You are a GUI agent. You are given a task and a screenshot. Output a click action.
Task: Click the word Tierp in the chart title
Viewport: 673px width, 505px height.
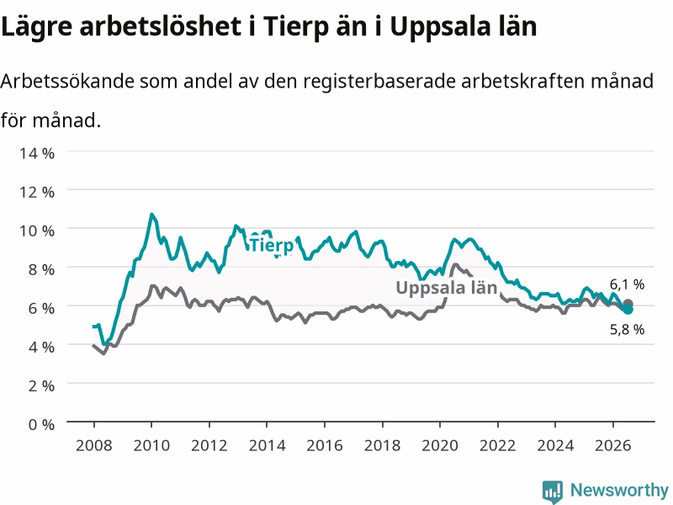tap(295, 27)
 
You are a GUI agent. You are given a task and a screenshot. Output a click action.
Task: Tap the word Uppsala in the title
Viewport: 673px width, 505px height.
tap(449, 27)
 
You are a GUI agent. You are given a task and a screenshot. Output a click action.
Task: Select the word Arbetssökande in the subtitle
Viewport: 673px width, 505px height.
tap(67, 81)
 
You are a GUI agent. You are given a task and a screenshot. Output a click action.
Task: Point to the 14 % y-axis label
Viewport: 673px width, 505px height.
tap(37, 153)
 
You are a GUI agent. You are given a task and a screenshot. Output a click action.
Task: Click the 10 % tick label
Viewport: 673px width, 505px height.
tap(37, 231)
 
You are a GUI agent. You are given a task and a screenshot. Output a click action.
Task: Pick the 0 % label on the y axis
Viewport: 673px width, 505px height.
tap(41, 424)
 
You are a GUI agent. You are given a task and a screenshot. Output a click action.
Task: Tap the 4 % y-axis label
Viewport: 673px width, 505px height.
tap(41, 347)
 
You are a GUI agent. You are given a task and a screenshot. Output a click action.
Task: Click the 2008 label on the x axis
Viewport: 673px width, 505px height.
tap(94, 445)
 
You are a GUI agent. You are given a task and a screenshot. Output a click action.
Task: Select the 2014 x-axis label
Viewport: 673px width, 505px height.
tap(267, 445)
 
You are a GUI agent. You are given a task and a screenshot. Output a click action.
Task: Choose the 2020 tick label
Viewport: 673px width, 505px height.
tap(440, 445)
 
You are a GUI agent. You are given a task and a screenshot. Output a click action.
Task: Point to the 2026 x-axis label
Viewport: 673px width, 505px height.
tap(613, 445)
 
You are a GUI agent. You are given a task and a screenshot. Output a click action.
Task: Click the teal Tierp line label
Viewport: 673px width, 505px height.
tap(272, 245)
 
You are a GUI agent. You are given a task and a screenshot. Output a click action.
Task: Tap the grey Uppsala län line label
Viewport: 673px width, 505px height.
tap(447, 288)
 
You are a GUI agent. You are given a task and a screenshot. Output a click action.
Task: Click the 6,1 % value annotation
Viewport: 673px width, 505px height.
tap(627, 284)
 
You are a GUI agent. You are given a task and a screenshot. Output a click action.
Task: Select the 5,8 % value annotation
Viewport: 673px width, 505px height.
tap(627, 329)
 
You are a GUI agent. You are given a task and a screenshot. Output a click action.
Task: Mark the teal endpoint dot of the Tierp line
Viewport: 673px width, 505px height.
tap(628, 309)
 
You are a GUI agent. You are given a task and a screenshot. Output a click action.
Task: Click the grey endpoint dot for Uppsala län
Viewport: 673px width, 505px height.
tap(628, 303)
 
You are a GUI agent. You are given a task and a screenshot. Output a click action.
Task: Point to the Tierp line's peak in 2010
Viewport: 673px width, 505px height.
tap(151, 214)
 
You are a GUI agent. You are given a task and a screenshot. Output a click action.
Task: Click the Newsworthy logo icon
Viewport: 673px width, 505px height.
tap(553, 492)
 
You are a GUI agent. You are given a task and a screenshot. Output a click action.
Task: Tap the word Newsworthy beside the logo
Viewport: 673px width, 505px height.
tap(619, 490)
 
